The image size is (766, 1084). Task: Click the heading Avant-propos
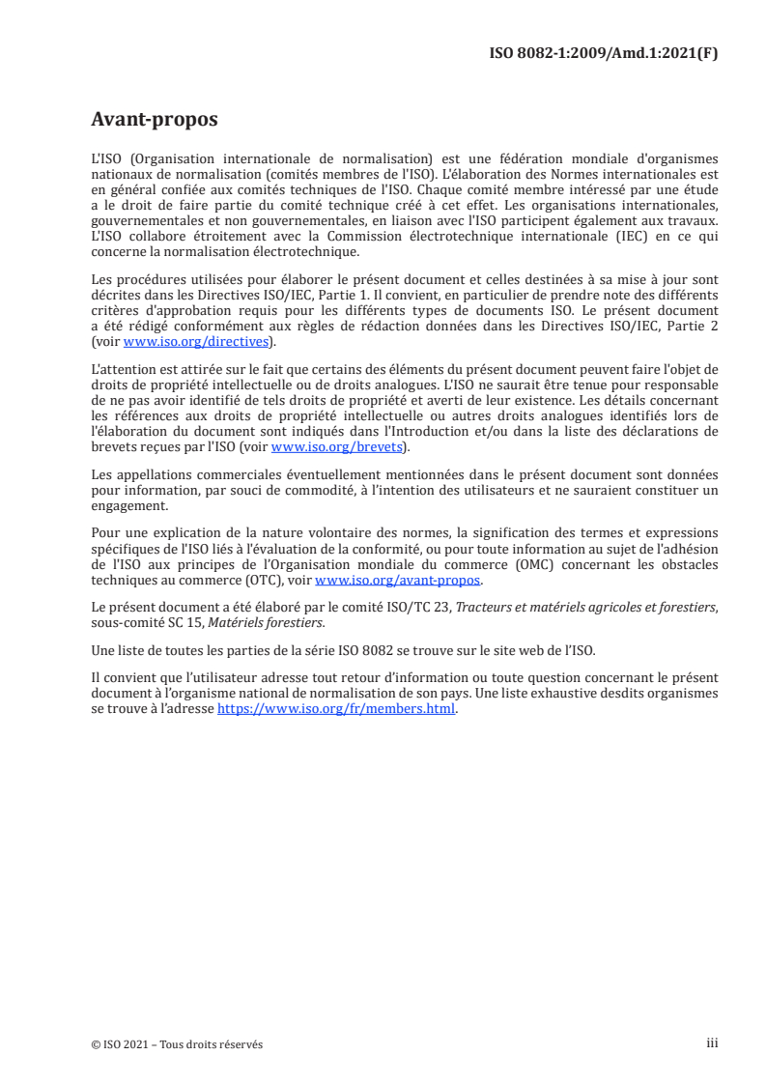pyautogui.click(x=154, y=120)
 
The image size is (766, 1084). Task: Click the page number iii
pyautogui.click(x=712, y=1043)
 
